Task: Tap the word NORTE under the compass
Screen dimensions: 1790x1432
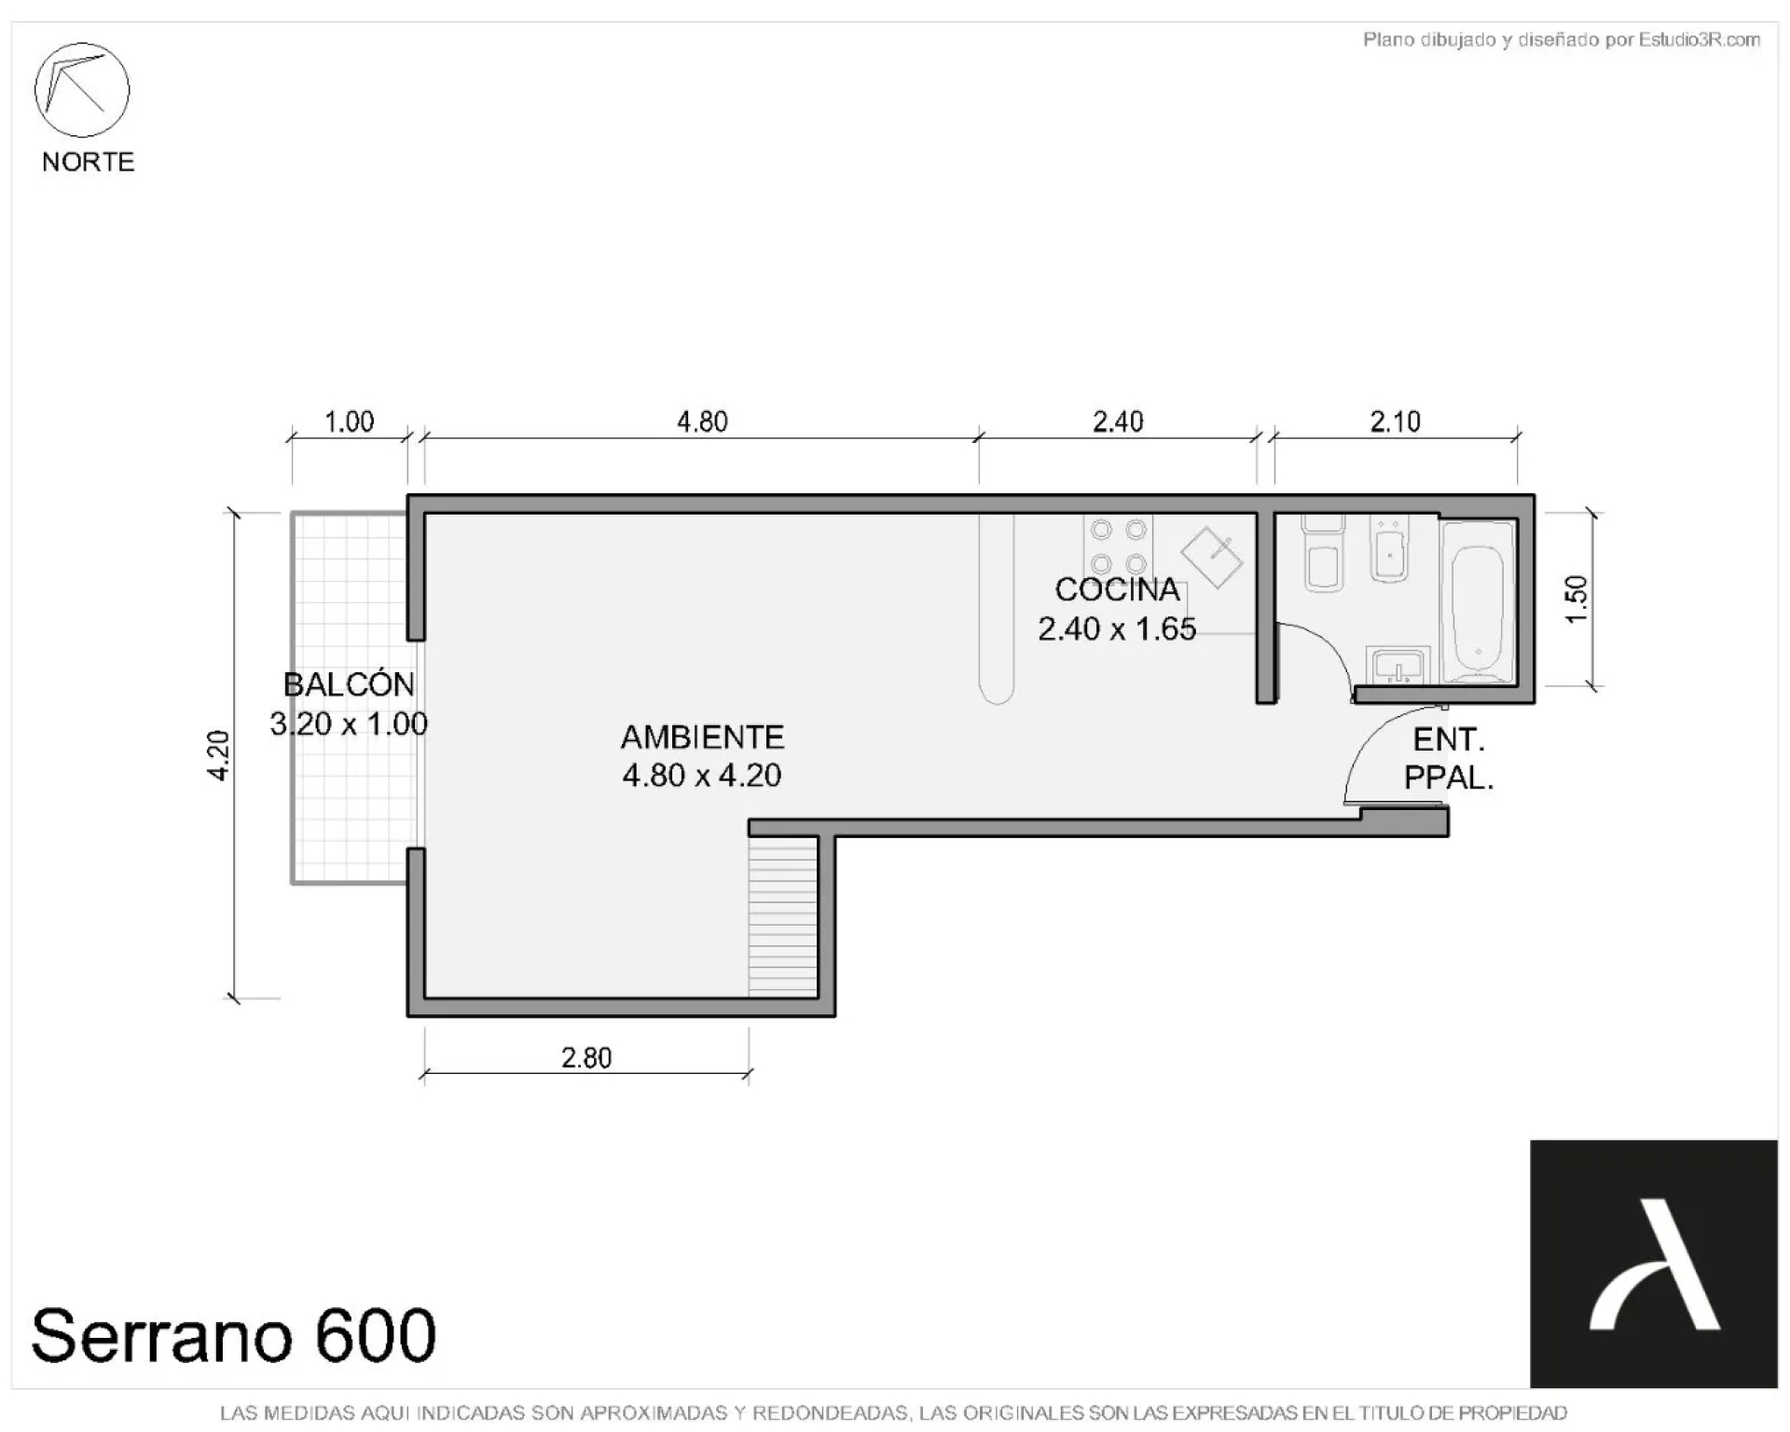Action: (89, 162)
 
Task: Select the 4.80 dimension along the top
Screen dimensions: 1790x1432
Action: (702, 422)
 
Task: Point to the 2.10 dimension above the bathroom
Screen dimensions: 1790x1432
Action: (1395, 422)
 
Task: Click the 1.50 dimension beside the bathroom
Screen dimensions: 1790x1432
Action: (1576, 599)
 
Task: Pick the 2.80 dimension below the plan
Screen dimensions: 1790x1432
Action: (586, 1058)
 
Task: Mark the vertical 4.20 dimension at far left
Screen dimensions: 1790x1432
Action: (217, 755)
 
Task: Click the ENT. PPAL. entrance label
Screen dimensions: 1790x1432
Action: (1449, 759)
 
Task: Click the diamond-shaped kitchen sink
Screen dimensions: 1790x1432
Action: (1212, 558)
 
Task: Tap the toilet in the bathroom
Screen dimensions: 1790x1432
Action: (1323, 553)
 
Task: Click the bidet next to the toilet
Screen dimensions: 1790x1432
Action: (1389, 549)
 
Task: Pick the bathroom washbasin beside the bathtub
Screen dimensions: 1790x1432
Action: (1398, 666)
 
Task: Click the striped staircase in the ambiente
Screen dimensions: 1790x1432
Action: (783, 916)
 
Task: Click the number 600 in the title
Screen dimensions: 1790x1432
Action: (376, 1335)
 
